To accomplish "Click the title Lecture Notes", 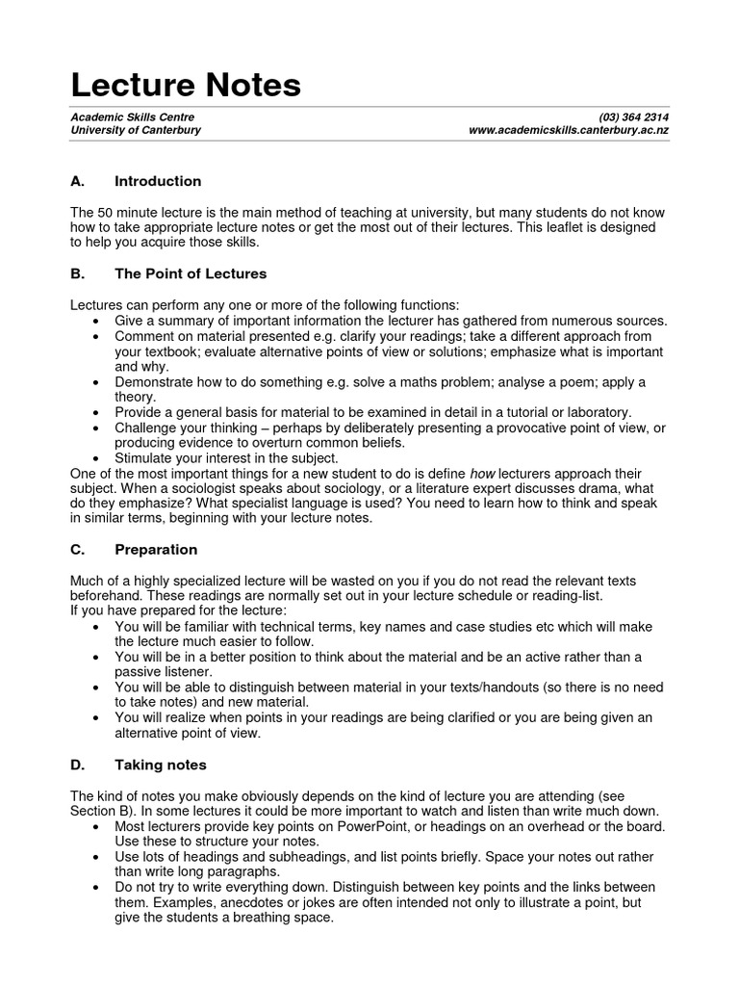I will (x=186, y=86).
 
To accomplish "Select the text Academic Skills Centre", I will (x=132, y=117).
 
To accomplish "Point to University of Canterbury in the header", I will (x=136, y=130).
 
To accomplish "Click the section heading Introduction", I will (x=158, y=181).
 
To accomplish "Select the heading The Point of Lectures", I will (x=191, y=273).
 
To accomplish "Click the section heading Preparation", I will (x=156, y=550).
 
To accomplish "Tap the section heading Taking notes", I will (x=161, y=765).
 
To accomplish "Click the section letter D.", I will (x=76, y=765).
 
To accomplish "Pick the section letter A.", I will (x=76, y=181).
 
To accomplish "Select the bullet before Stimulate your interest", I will (x=100, y=458).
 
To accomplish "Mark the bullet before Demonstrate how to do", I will (x=100, y=382).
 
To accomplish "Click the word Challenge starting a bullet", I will (x=146, y=428).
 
